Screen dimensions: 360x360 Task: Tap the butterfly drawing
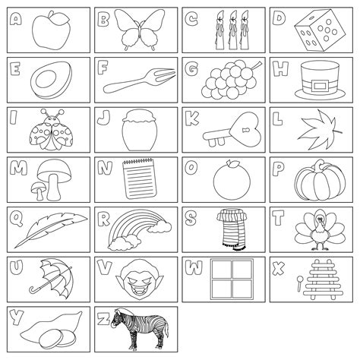pos(140,29)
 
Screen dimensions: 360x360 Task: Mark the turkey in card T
pos(315,227)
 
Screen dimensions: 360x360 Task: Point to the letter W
pos(194,268)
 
